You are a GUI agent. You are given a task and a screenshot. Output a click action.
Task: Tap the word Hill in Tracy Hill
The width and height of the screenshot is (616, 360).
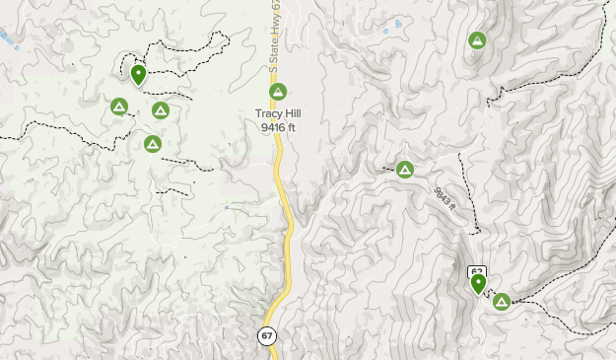pyautogui.click(x=292, y=113)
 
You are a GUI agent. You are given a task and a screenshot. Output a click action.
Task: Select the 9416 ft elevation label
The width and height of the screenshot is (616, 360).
pyautogui.click(x=279, y=126)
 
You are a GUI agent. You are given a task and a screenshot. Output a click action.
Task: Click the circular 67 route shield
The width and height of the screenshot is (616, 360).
pyautogui.click(x=268, y=335)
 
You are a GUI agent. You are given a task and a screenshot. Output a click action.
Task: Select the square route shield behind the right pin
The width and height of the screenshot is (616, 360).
pyautogui.click(x=476, y=270)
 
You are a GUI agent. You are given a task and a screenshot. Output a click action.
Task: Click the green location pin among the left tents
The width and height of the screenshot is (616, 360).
pyautogui.click(x=138, y=74)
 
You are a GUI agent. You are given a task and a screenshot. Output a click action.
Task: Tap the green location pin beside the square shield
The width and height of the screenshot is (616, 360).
pyautogui.click(x=479, y=284)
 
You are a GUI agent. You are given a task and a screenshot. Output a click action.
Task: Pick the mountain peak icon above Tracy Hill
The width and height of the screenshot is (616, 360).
pyautogui.click(x=278, y=93)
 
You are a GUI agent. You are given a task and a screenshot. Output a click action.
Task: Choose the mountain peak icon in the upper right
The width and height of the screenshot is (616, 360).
pyautogui.click(x=477, y=41)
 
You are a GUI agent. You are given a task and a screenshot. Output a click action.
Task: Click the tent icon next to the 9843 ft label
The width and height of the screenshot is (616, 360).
pyautogui.click(x=404, y=170)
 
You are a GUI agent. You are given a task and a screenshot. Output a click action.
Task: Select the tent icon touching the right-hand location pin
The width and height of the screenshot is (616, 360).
pyautogui.click(x=501, y=301)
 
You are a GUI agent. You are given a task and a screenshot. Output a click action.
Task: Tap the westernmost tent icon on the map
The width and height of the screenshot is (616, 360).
pyautogui.click(x=119, y=107)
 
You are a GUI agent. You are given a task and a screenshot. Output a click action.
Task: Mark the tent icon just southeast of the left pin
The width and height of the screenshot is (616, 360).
pyautogui.click(x=160, y=110)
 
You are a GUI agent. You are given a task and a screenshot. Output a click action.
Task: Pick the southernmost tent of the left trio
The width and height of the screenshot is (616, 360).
pyautogui.click(x=152, y=144)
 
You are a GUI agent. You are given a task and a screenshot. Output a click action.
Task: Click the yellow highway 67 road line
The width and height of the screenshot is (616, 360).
pyautogui.click(x=287, y=237)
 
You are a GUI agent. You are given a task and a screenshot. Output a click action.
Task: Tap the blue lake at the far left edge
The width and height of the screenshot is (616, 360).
pyautogui.click(x=6, y=36)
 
